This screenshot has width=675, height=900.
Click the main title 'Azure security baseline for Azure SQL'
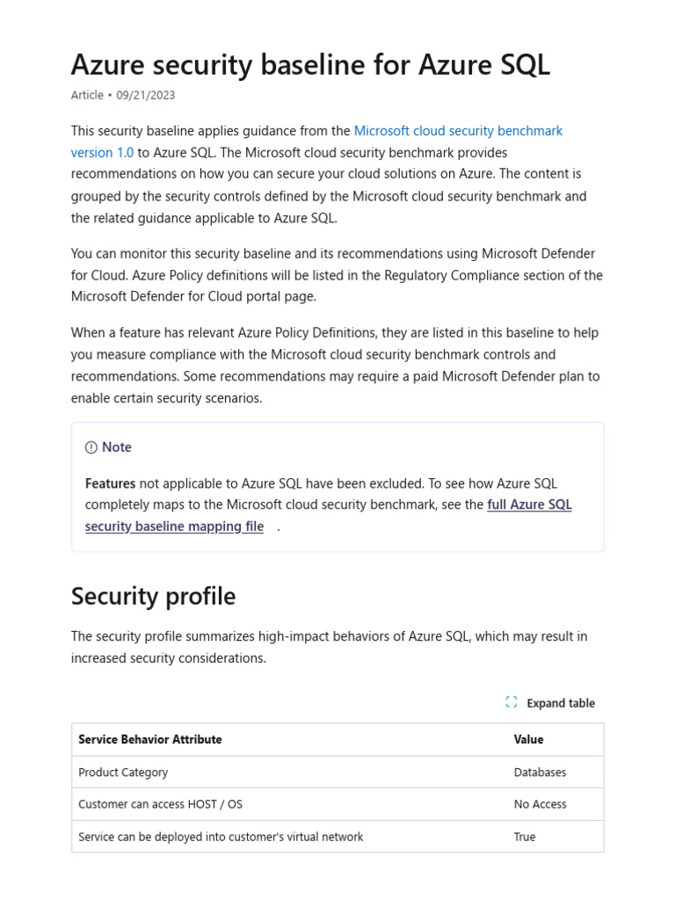click(310, 64)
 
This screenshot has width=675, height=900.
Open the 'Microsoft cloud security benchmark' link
click(458, 131)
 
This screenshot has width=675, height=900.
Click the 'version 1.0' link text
click(102, 153)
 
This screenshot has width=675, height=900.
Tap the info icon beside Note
click(91, 447)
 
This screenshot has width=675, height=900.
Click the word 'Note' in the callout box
click(117, 447)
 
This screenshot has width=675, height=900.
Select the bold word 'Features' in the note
click(110, 483)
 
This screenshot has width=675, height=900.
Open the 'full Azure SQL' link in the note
click(529, 504)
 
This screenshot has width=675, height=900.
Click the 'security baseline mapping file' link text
click(174, 526)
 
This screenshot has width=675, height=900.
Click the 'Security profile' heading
click(153, 596)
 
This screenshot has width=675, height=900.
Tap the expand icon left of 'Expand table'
click(512, 702)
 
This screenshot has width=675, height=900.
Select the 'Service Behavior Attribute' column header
click(149, 739)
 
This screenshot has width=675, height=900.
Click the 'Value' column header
click(528, 739)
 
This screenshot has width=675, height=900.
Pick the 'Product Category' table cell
click(123, 772)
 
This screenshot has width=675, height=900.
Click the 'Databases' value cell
click(540, 772)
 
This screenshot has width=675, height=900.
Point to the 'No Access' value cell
click(540, 804)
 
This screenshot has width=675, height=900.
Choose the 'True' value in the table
click(525, 837)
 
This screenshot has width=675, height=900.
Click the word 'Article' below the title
click(87, 95)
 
